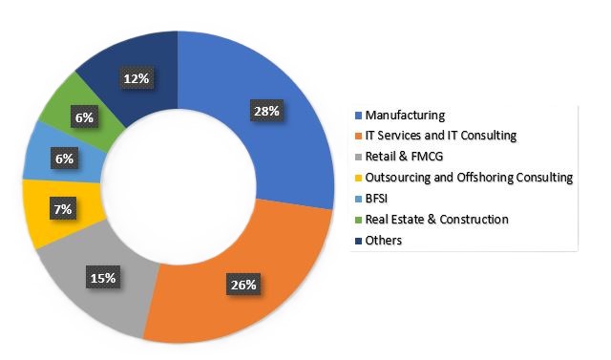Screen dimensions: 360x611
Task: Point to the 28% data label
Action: [x=264, y=111]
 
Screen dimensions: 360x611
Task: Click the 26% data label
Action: [x=240, y=284]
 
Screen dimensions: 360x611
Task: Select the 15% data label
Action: [x=103, y=278]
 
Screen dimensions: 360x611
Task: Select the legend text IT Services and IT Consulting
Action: [x=440, y=136]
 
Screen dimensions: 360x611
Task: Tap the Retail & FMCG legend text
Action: [x=406, y=157]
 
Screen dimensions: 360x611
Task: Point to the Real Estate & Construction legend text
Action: [x=437, y=220]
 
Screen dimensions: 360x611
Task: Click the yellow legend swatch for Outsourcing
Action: [x=358, y=179]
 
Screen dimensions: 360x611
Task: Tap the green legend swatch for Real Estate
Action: [x=358, y=221]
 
